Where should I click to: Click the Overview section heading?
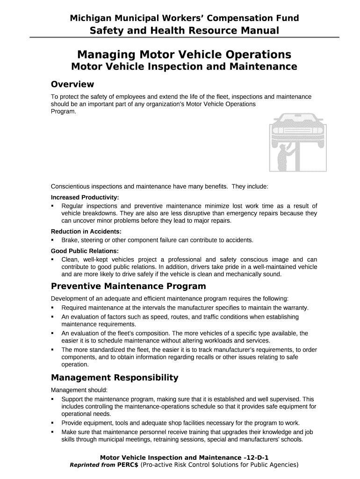pyautogui.click(x=72, y=85)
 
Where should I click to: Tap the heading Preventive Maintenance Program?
pyautogui.click(x=128, y=286)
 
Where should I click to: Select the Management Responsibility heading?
pyautogui.click(x=115, y=377)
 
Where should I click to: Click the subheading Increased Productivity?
pyautogui.click(x=85, y=197)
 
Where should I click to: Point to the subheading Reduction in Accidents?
pyautogui.click(x=86, y=232)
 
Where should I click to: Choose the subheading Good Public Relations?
pyautogui.click(x=85, y=251)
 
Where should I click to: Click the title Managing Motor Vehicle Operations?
pyautogui.click(x=184, y=54)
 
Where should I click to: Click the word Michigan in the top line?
pyautogui.click(x=89, y=18)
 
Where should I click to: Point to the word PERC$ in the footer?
pyautogui.click(x=128, y=465)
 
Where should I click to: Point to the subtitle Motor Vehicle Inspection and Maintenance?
pyautogui.click(x=184, y=67)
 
